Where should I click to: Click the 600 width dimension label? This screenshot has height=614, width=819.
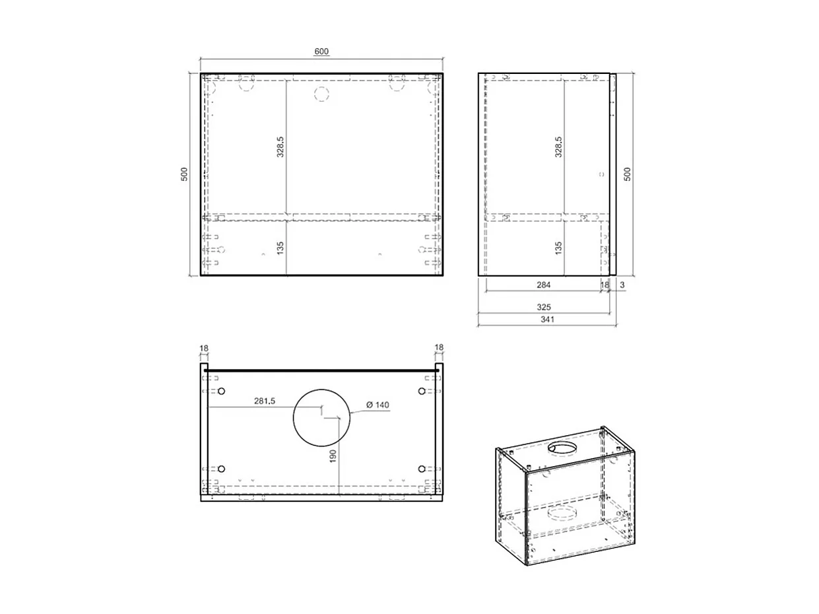pos(321,51)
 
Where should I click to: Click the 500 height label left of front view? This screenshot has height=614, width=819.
pos(185,174)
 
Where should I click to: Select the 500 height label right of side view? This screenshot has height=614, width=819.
pos(628,174)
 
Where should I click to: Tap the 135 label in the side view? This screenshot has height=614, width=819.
pos(558,248)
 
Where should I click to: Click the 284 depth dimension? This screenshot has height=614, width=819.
pos(543,285)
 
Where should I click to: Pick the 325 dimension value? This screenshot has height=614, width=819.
pos(544,307)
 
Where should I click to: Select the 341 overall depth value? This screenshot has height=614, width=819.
pos(547,320)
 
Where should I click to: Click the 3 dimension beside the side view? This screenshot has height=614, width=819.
pos(622,285)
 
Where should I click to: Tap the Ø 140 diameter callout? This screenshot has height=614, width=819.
pos(377,405)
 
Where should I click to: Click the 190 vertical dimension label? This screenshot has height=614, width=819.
pos(333,456)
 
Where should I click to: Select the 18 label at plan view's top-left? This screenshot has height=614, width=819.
pos(204,348)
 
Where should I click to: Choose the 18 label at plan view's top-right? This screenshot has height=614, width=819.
pos(440,348)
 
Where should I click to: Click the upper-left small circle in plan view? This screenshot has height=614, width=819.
pos(222,392)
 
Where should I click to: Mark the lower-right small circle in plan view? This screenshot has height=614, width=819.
pos(422,469)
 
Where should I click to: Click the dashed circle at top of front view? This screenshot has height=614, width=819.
pos(321,94)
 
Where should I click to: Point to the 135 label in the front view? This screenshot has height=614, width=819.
pos(280,248)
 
